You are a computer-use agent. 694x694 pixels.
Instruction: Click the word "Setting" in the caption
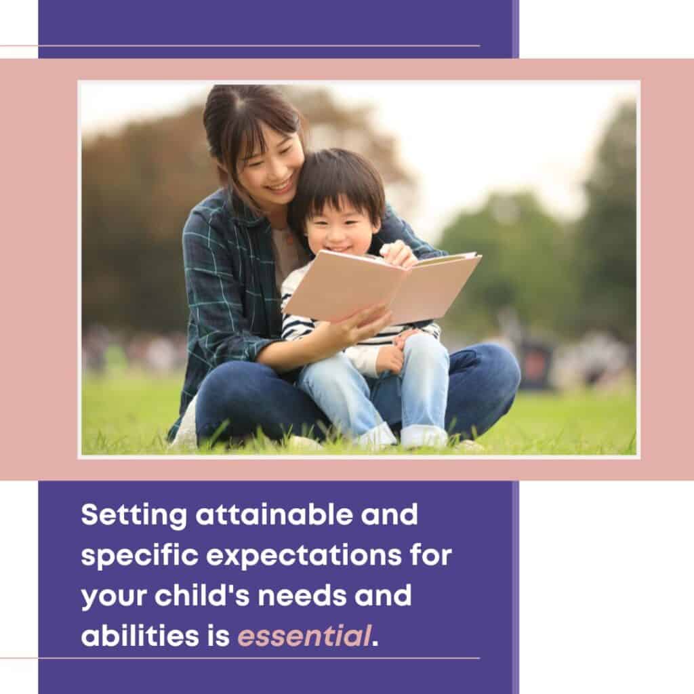[134, 516]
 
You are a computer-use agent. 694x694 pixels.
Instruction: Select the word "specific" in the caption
[140, 556]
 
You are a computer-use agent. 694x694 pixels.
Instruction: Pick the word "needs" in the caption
[302, 595]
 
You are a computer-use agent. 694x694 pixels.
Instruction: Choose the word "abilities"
[140, 635]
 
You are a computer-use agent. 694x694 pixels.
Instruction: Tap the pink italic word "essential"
[304, 636]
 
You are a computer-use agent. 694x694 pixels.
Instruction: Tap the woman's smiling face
[268, 166]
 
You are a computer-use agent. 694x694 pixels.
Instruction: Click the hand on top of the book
[399, 254]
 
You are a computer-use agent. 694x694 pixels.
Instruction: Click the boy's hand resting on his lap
[390, 359]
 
